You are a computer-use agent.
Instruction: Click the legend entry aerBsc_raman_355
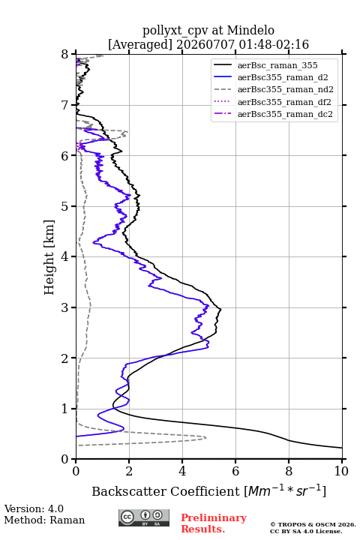click(277, 65)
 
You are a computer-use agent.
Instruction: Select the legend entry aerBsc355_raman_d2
click(283, 77)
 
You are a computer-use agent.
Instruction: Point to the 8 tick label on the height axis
click(65, 55)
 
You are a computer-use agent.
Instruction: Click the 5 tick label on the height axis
click(65, 206)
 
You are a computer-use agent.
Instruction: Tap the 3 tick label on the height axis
click(65, 307)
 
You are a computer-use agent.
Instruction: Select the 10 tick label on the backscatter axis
click(341, 471)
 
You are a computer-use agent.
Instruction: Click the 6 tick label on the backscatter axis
click(235, 471)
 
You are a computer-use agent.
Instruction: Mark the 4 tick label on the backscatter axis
click(182, 471)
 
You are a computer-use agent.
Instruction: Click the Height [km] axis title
click(49, 257)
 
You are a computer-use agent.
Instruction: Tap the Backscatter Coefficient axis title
click(208, 491)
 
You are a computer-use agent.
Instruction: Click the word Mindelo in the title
click(250, 30)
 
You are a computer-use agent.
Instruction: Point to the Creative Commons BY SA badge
click(144, 517)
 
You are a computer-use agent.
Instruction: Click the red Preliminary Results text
click(214, 523)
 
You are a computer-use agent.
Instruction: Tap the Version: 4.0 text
click(34, 508)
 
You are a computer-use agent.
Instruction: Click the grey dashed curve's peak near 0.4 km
click(205, 438)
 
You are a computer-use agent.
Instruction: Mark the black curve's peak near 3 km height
click(220, 309)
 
